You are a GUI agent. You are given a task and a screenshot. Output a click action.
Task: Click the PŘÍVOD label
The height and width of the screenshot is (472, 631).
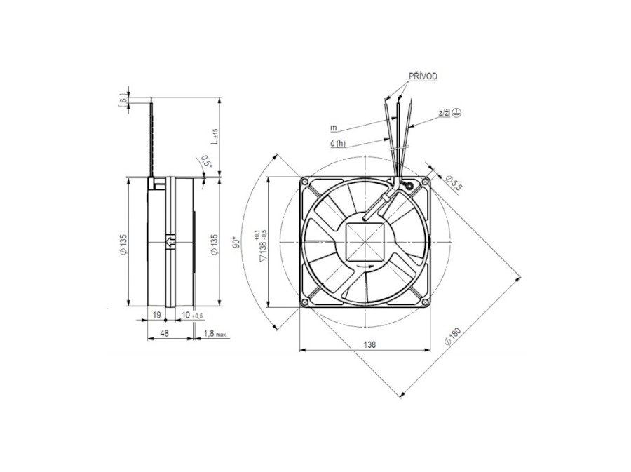tap(423, 76)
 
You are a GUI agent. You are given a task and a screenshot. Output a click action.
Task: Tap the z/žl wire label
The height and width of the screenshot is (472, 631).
tap(444, 113)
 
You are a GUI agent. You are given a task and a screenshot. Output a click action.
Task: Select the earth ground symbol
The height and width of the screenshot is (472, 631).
tap(456, 113)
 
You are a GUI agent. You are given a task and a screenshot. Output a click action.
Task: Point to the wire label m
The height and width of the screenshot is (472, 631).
tap(334, 128)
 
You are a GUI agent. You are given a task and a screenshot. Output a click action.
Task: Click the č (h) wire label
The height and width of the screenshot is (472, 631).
tap(338, 143)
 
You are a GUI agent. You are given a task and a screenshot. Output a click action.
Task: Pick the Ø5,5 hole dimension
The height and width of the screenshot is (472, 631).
tap(454, 183)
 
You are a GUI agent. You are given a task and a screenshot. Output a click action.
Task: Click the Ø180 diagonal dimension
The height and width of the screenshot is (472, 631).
tap(453, 336)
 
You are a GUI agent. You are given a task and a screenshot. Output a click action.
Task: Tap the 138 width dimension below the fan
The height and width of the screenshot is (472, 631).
tap(369, 344)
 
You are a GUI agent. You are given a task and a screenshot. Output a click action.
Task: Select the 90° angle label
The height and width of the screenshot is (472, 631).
tap(238, 241)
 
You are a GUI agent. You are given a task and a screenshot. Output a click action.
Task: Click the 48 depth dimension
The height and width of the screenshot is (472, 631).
tap(164, 333)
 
